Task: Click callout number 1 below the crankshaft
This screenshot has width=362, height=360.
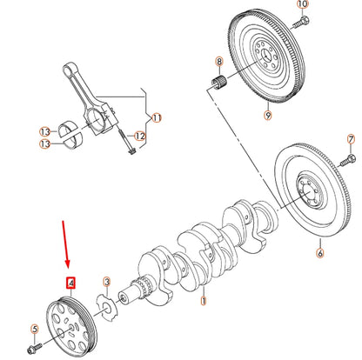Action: click(x=203, y=301)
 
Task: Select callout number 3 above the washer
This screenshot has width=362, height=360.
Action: click(x=106, y=282)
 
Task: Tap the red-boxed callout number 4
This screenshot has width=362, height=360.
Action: click(x=71, y=283)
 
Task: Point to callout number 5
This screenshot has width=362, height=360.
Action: click(x=35, y=329)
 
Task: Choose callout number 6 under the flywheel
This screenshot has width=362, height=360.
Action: click(x=319, y=253)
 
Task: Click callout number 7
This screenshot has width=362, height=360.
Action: click(x=351, y=138)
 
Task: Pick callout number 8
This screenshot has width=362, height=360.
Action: click(x=219, y=62)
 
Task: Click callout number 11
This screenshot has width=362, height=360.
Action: click(x=157, y=117)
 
